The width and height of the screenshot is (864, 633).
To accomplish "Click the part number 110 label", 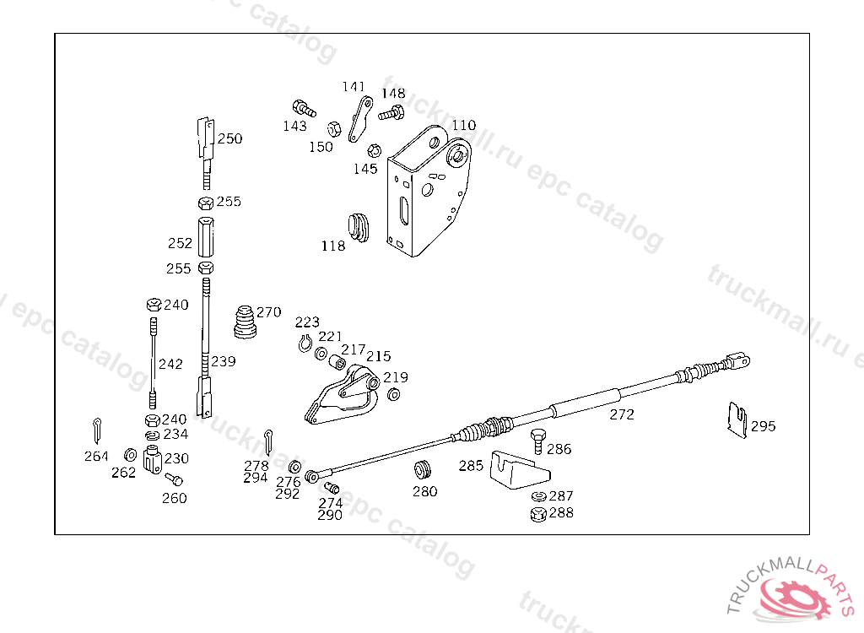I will pos(463,126).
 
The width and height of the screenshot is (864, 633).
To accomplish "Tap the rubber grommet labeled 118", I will pos(359,226).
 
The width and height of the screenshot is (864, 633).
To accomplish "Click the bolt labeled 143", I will pos(303,108).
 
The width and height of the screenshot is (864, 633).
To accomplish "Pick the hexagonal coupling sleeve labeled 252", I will pos(206,238).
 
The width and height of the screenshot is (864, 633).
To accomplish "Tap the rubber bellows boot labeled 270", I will pos(244,322).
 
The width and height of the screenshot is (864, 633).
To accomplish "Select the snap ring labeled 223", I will pos(306,342).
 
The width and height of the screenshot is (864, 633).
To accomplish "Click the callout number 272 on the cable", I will pos(622,414).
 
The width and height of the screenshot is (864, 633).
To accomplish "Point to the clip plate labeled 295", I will pos(737,419).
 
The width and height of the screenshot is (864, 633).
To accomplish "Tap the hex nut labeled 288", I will pos(537,513).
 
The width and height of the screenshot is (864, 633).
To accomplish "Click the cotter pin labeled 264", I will pos(98,428).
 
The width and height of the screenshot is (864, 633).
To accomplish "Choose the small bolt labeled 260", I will pos(174,479).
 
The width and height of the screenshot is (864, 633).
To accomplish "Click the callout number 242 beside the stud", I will pos(170,365).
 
